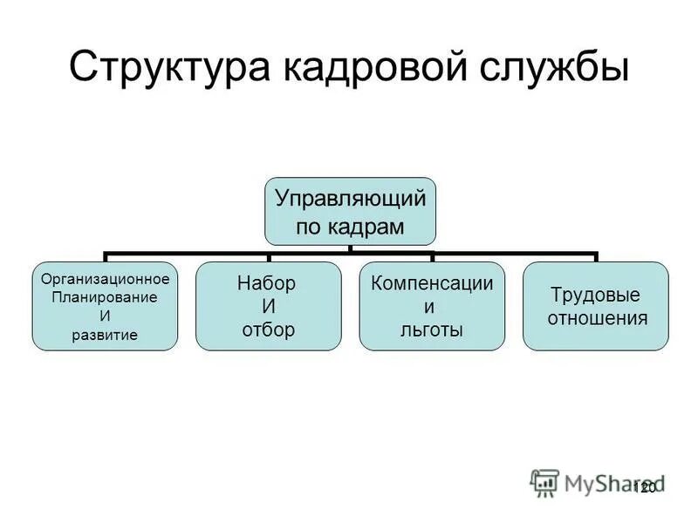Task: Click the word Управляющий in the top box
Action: (x=351, y=198)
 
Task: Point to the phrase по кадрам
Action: (x=350, y=227)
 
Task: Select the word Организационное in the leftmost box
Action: (x=106, y=280)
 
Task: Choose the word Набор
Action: (x=267, y=284)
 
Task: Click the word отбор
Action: (x=267, y=329)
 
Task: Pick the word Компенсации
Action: (x=433, y=284)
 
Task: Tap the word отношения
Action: (x=597, y=317)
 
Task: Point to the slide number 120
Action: (x=644, y=488)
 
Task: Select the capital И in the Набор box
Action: (x=269, y=307)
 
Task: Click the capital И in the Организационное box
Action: (x=105, y=316)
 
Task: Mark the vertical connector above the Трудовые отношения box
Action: (x=597, y=258)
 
